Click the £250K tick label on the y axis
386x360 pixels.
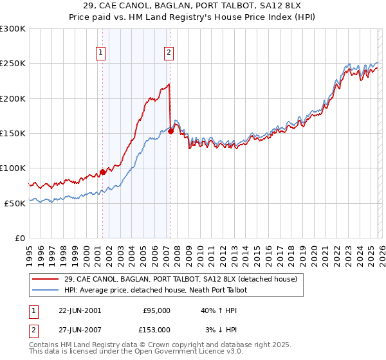coord(13,64)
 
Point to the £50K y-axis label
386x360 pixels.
coord(15,203)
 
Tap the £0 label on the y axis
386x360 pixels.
coord(21,238)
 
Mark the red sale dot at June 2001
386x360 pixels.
coord(103,172)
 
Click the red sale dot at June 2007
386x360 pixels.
coord(170,131)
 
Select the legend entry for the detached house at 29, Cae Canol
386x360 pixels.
coord(180,280)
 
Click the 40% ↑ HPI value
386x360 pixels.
coord(218,310)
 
